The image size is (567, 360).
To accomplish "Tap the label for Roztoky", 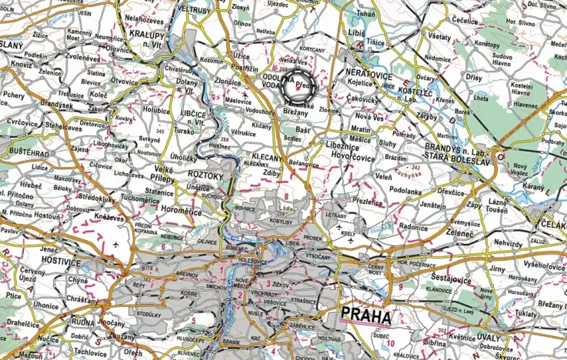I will click(205, 175).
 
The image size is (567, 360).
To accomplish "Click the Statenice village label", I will click(159, 192).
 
